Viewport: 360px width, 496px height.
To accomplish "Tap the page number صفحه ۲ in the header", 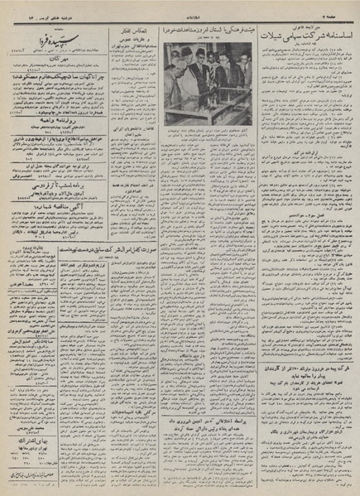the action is click(x=340, y=7).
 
